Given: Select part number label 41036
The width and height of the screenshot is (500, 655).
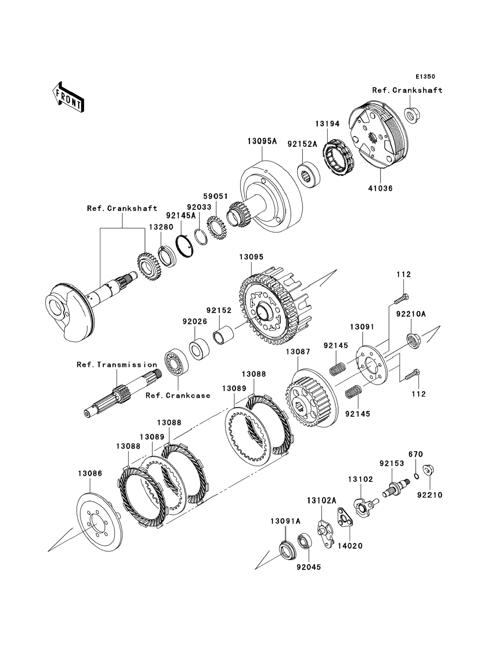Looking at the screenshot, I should click(380, 188).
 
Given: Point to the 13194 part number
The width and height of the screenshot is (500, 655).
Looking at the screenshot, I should click(327, 124).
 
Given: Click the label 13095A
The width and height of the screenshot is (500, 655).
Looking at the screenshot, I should click(262, 141).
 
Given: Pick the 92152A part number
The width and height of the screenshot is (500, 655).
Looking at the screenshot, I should click(302, 144).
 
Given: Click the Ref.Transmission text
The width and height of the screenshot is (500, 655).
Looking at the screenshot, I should click(117, 365).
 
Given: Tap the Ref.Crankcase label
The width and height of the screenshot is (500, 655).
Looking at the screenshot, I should click(178, 396).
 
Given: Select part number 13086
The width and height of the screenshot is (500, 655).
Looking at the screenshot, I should click(90, 473).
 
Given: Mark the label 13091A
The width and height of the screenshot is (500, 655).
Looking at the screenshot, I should click(285, 521).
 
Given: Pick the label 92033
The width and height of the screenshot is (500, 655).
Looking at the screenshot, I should click(199, 207).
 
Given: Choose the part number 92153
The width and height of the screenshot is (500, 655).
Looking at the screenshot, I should click(391, 464).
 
